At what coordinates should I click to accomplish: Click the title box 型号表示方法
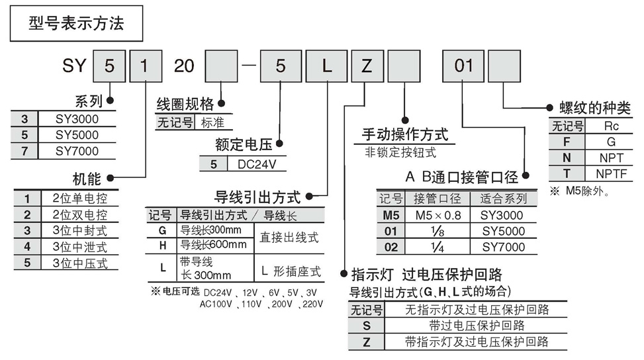pos(76,25)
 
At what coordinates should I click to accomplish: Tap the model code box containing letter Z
pos(367,67)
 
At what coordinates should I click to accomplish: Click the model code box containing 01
pos(463,67)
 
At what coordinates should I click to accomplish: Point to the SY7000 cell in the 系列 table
pos(77,151)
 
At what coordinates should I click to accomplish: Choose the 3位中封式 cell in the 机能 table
pos(78,230)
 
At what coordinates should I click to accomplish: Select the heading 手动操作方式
pos(405,134)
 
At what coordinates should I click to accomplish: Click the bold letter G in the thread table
pos(567,142)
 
